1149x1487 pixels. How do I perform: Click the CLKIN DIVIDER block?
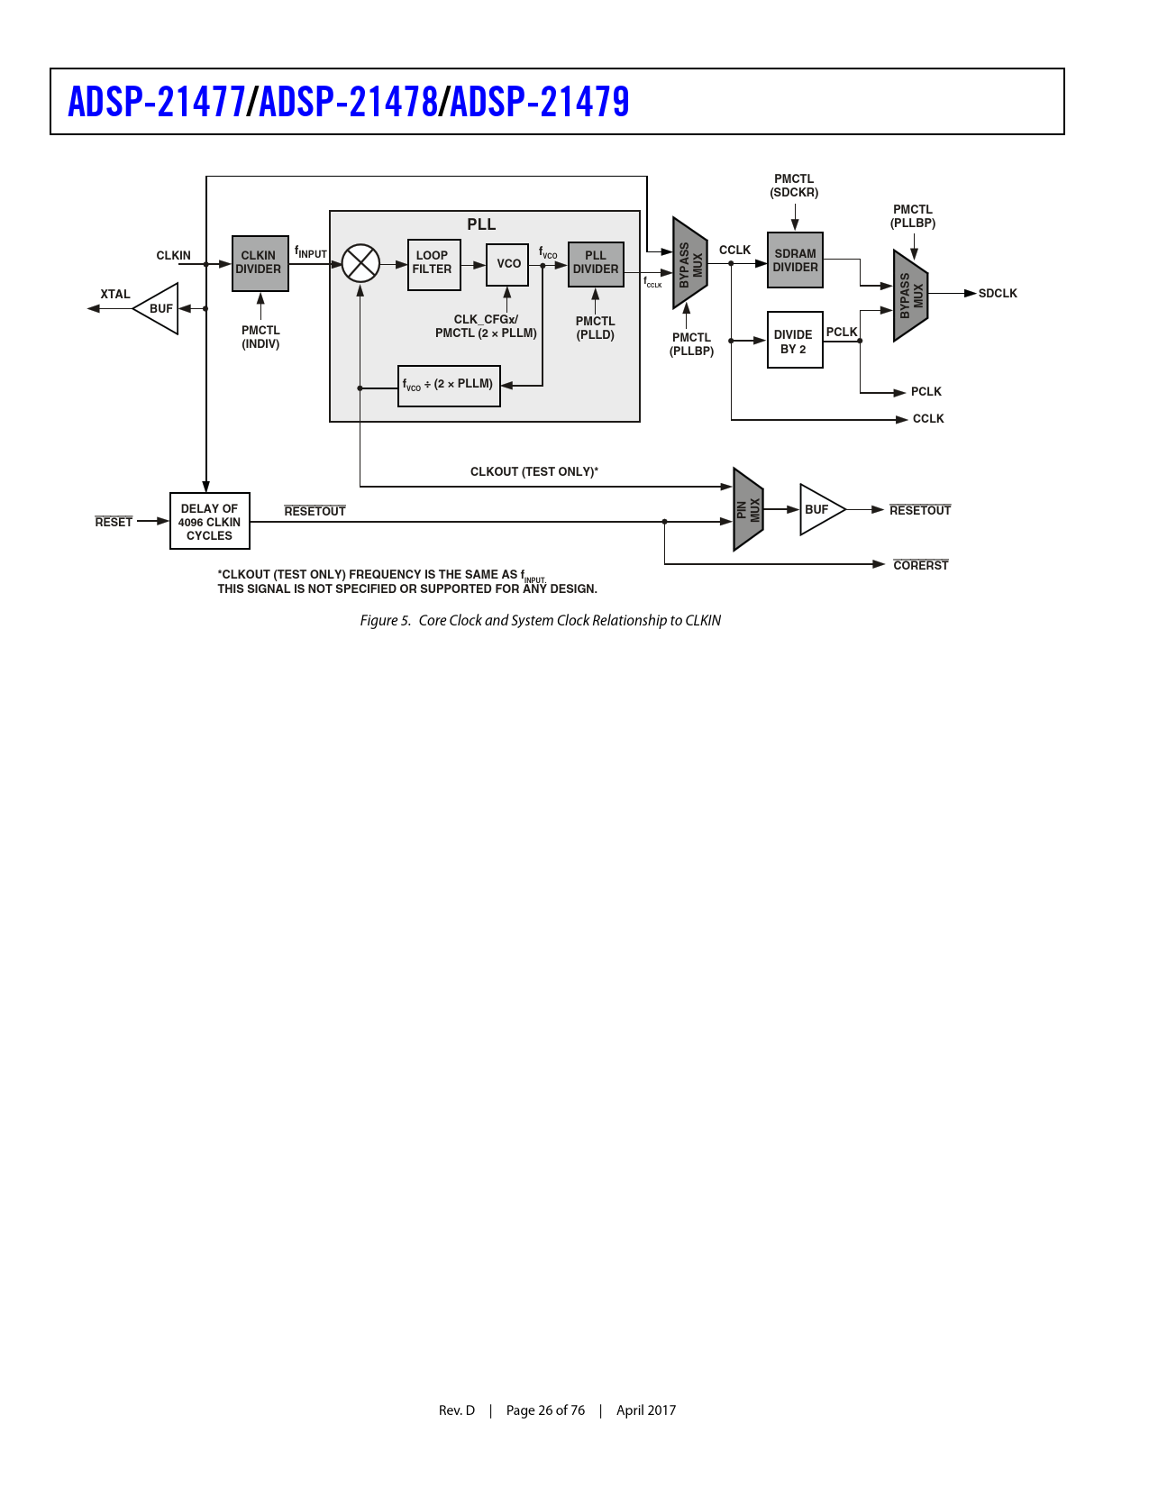(260, 263)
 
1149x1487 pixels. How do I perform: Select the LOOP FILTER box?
(433, 264)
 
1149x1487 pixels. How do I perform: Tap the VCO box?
(507, 264)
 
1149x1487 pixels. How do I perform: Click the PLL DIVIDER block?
(596, 264)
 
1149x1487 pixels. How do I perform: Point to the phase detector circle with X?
(360, 263)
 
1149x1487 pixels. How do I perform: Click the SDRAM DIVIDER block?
(795, 260)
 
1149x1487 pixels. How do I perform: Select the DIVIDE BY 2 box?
(794, 341)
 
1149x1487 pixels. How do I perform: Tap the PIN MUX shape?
(748, 510)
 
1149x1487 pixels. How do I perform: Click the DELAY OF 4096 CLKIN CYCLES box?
(209, 522)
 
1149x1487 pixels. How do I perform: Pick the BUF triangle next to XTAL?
(158, 308)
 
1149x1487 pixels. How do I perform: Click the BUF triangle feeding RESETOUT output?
(819, 510)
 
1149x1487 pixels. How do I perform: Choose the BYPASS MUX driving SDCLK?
(910, 295)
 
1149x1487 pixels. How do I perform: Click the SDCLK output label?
(997, 294)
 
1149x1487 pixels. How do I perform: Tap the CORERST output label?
(920, 566)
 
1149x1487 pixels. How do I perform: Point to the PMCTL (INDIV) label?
(260, 337)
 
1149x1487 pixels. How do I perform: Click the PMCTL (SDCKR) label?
(794, 186)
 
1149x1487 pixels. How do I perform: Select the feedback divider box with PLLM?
(449, 386)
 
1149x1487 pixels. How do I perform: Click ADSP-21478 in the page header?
(348, 102)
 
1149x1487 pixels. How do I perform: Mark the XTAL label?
(115, 295)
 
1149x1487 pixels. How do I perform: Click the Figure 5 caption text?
(540, 620)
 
